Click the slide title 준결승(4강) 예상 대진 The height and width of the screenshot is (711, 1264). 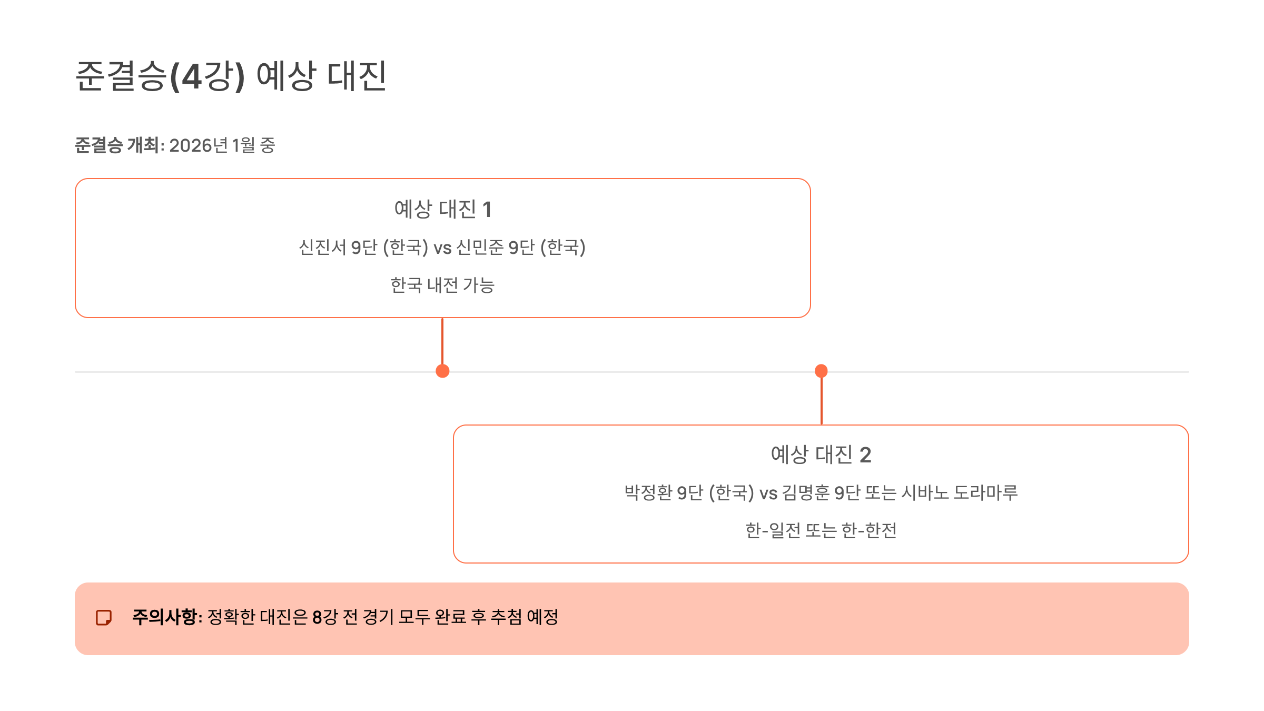[x=231, y=76]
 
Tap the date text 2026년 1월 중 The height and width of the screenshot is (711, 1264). [x=222, y=145]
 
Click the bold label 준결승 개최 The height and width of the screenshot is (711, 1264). [x=116, y=145]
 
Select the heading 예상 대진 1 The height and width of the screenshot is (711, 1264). [x=442, y=209]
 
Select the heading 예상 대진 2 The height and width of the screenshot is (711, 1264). [x=821, y=455]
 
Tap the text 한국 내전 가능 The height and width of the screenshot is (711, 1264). [x=442, y=285]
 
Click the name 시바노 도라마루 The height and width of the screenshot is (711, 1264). [x=959, y=492]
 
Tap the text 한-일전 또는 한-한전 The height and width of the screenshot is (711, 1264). [x=821, y=530]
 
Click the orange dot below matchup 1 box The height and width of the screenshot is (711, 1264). [x=442, y=371]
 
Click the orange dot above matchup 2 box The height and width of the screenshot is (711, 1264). [x=821, y=371]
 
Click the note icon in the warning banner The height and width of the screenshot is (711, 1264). [x=104, y=618]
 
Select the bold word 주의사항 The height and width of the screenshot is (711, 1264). [x=164, y=617]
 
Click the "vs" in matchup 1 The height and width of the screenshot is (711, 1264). [x=442, y=248]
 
